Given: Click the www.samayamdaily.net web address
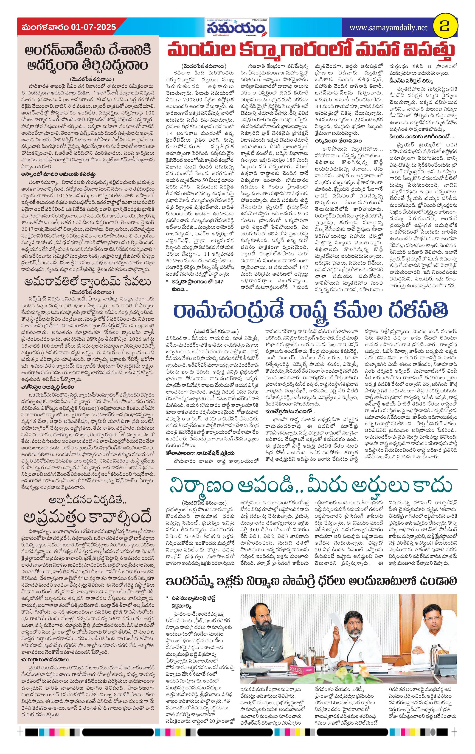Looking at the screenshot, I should pyautogui.click(x=388, y=28).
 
